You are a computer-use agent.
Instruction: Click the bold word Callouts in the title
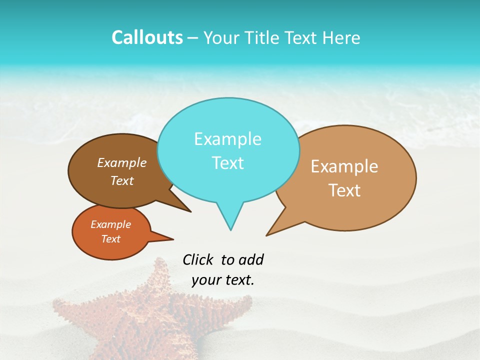tap(147, 37)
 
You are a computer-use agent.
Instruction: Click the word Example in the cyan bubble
tap(227, 139)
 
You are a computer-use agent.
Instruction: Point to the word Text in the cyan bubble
tap(227, 163)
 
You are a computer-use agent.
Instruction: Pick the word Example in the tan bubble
tap(344, 166)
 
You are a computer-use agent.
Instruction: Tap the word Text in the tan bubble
tap(344, 190)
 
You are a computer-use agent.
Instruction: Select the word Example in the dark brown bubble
tap(122, 162)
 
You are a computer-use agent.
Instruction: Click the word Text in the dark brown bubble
tap(122, 180)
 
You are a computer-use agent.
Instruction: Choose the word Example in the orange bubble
tap(110, 224)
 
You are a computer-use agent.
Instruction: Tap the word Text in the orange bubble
tap(110, 239)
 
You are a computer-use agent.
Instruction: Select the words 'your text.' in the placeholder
tap(223, 280)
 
